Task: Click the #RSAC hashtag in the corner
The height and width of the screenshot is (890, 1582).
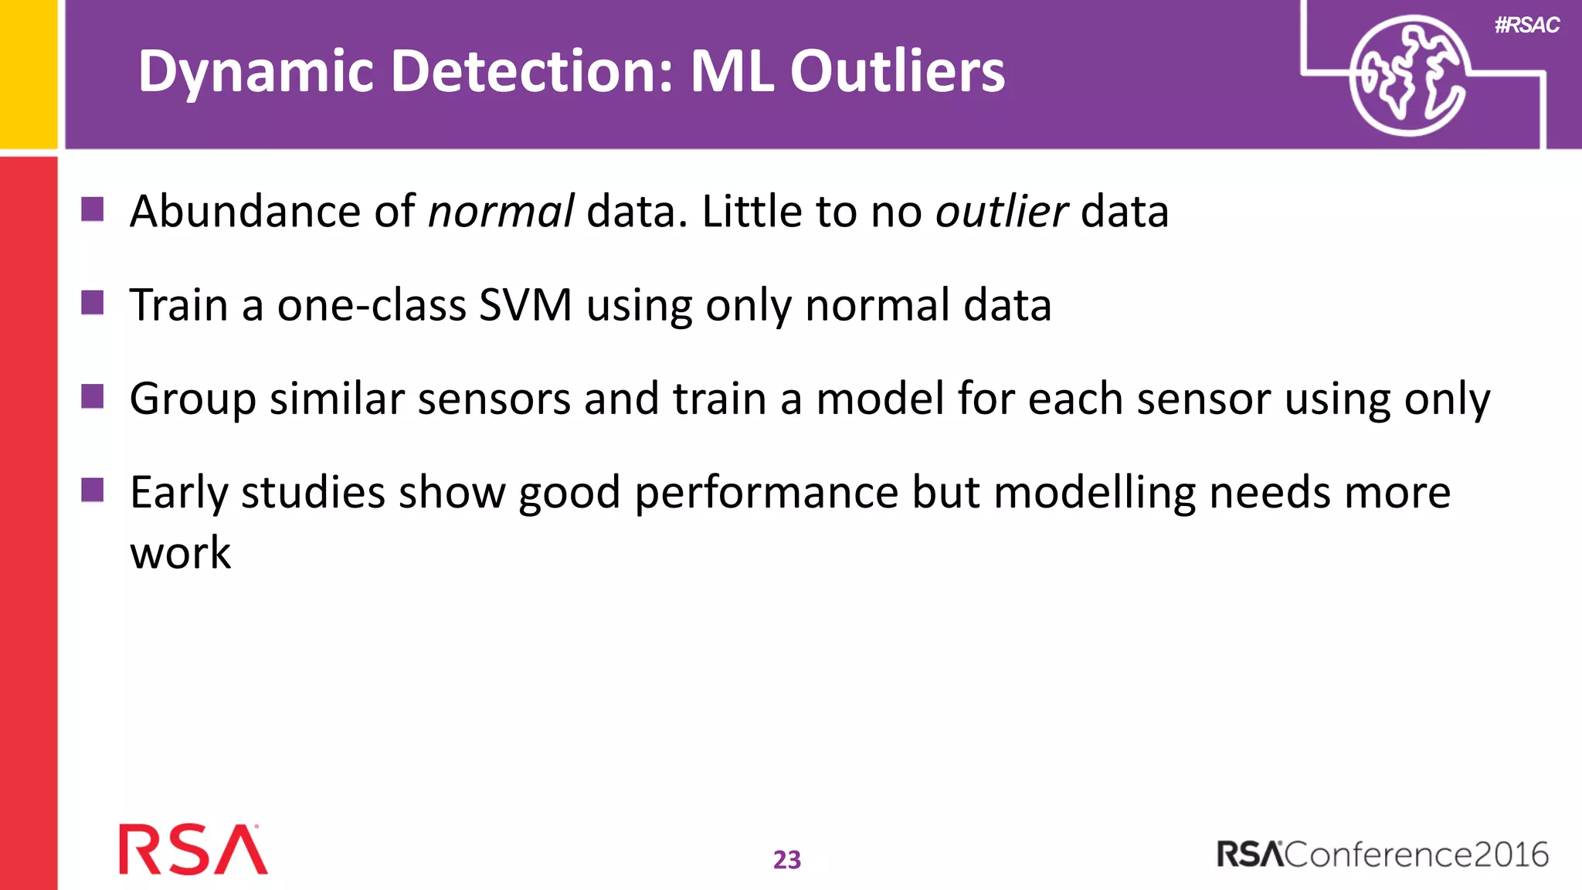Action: click(1526, 25)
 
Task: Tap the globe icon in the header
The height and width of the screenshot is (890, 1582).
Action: click(1408, 76)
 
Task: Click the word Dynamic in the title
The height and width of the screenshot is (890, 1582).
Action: click(256, 72)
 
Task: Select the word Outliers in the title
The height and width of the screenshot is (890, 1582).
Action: click(897, 72)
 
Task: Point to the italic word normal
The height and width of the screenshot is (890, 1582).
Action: click(501, 212)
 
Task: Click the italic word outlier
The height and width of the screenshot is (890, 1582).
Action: click(1001, 212)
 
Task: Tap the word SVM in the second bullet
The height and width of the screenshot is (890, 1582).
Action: click(525, 305)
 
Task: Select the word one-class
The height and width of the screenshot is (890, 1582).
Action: click(372, 305)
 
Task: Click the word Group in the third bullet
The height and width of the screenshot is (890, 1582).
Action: click(192, 399)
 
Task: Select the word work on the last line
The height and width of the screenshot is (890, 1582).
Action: click(180, 553)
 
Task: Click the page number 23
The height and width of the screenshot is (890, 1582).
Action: click(787, 860)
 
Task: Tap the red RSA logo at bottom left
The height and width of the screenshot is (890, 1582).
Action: click(192, 850)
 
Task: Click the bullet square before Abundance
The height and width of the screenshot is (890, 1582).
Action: click(93, 209)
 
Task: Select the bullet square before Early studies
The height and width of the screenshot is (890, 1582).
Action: click(93, 490)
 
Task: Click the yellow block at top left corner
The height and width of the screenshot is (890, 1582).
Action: click(28, 73)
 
